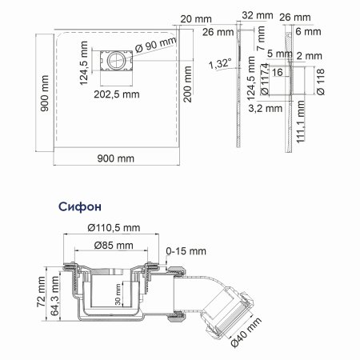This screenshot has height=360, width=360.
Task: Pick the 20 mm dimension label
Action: coord(193,18)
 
